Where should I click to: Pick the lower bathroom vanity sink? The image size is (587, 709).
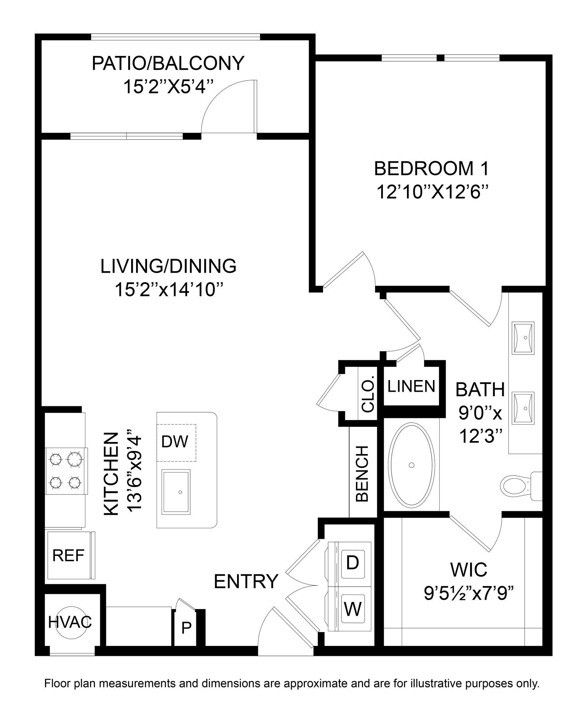pyautogui.click(x=524, y=408)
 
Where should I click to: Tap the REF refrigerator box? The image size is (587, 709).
pyautogui.click(x=68, y=556)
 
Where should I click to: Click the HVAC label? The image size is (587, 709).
pyautogui.click(x=70, y=622)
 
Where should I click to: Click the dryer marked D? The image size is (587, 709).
pyautogui.click(x=352, y=563)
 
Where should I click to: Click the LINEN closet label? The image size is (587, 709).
pyautogui.click(x=411, y=386)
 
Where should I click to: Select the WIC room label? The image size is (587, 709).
pyautogui.click(x=469, y=570)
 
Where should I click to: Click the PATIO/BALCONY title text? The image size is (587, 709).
pyautogui.click(x=168, y=63)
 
